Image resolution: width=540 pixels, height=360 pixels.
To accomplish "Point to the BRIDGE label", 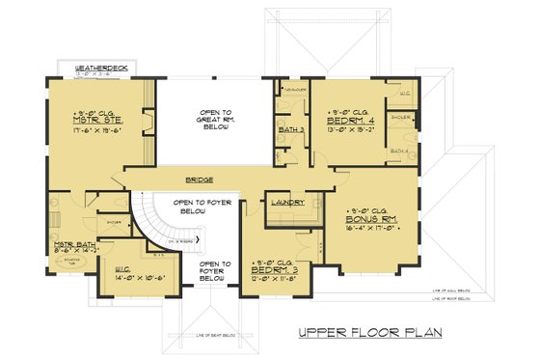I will coord(202,180).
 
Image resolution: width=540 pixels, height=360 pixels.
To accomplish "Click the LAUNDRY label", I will coord(288,202).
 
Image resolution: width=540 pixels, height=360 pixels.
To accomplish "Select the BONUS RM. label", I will coord(367,220).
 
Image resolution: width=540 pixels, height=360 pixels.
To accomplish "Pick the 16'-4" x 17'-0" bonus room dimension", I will coord(367,230).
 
